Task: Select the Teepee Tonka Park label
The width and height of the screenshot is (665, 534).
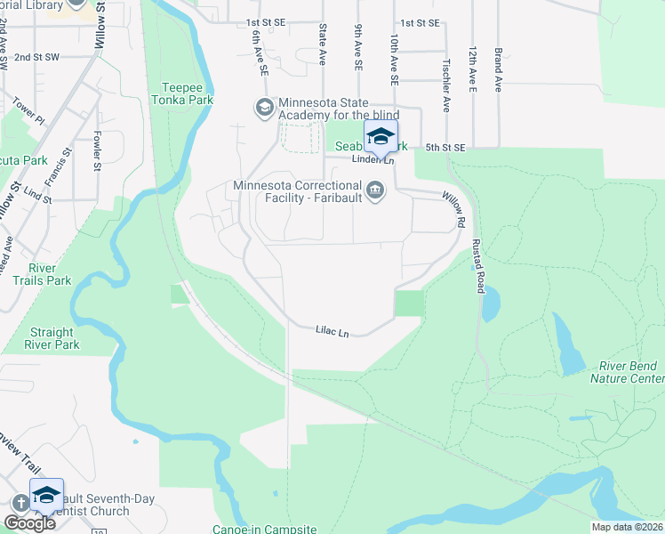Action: [188, 94]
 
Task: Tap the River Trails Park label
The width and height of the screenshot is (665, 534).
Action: [49, 274]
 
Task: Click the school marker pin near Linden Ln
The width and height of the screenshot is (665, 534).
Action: [381, 138]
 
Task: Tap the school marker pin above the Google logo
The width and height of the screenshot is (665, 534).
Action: [46, 496]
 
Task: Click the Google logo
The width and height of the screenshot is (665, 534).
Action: [29, 523]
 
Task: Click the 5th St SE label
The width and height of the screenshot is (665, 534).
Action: [445, 147]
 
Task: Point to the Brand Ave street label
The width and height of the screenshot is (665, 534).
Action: [499, 69]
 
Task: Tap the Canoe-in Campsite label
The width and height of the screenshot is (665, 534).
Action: [264, 529]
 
